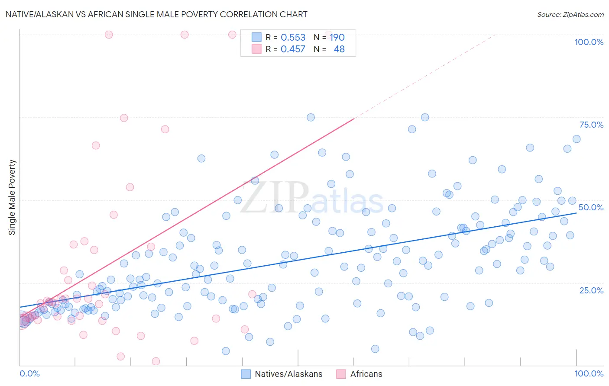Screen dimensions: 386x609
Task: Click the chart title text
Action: click(156, 14)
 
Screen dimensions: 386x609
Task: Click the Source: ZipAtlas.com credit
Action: click(570, 14)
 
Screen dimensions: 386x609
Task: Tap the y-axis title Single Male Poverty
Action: click(12, 197)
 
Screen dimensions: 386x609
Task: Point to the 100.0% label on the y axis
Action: click(589, 42)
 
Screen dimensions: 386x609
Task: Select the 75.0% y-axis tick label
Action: click(591, 125)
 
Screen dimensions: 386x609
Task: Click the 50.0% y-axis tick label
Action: click(591, 207)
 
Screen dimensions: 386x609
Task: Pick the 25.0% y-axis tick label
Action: click(591, 290)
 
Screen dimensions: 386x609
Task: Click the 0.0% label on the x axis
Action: click(29, 373)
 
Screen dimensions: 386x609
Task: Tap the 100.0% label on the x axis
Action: click(589, 373)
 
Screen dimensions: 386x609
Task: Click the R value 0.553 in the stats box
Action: click(293, 37)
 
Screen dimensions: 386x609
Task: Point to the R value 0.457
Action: click(293, 49)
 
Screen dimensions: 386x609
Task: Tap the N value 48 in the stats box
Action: click(339, 49)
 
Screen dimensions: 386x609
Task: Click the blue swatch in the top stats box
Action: click(256, 37)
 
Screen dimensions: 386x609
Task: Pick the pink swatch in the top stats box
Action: click(256, 49)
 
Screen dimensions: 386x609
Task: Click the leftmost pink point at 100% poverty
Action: click(109, 35)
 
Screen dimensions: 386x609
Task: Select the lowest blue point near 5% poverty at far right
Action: click(375, 349)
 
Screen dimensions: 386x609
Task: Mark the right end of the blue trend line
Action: click(577, 213)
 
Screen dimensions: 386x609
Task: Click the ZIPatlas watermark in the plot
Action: click(312, 198)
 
